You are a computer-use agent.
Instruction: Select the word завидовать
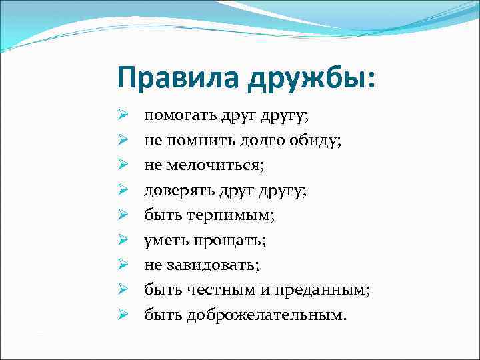pyautogui.click(x=215, y=265)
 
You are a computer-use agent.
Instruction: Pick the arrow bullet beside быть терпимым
pyautogui.click(x=123, y=215)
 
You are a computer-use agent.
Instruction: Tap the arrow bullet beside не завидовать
pyautogui.click(x=123, y=265)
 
